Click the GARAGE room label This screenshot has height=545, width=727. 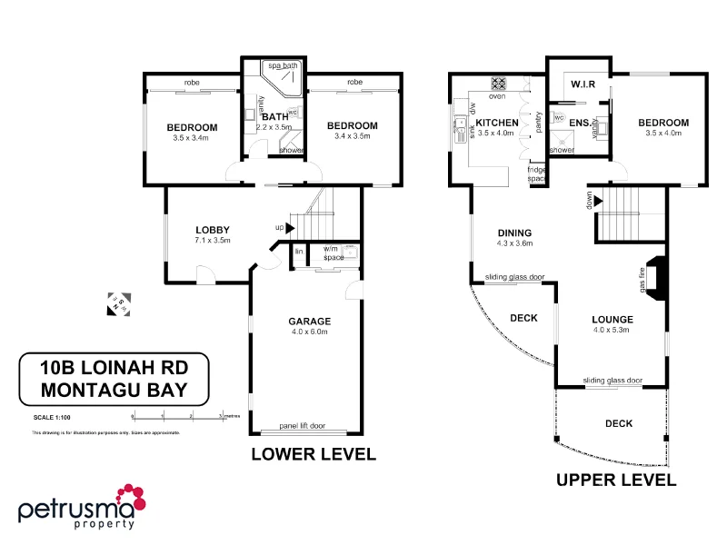click(x=310, y=321)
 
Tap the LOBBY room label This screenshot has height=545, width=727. click(x=213, y=229)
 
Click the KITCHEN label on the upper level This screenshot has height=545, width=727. click(x=497, y=123)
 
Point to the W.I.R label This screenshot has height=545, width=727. click(x=583, y=84)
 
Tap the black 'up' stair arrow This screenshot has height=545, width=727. click(x=290, y=227)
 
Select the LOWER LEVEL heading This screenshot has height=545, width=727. click(x=313, y=454)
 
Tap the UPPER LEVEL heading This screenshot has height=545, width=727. click(x=615, y=480)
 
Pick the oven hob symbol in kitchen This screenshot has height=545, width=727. click(x=498, y=83)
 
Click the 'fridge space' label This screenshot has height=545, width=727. click(x=536, y=174)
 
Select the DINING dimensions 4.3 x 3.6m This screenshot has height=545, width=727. click(x=514, y=243)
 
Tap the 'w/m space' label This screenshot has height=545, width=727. click(x=334, y=253)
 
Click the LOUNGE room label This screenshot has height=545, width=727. click(x=612, y=320)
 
